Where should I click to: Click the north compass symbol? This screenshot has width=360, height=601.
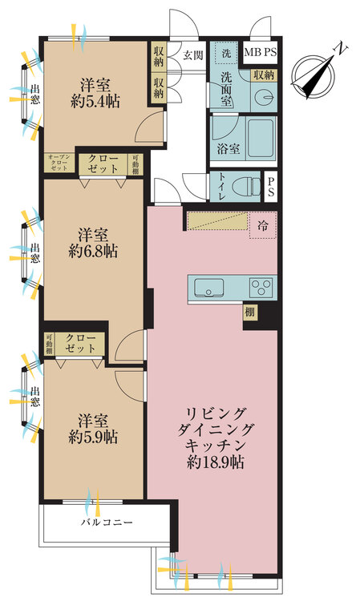point(315,75)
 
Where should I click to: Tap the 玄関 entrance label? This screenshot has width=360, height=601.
point(192,55)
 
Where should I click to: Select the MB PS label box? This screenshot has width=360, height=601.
point(261,52)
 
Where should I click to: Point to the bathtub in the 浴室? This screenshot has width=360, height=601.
point(261,137)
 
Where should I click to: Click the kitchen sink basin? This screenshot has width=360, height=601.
point(209,288)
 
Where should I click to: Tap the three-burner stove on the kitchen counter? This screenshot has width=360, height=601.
point(261,288)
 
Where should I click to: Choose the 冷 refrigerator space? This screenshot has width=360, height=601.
point(263,226)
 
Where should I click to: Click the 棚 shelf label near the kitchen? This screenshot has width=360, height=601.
point(249,312)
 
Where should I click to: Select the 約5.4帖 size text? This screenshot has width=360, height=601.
point(95,102)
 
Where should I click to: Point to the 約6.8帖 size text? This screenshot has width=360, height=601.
point(93,252)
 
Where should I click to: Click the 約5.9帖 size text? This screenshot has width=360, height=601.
point(93,438)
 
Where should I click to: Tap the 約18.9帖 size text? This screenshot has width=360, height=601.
point(216,462)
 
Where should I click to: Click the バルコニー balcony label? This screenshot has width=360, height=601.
point(107,522)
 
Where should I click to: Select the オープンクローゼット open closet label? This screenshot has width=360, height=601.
point(59,163)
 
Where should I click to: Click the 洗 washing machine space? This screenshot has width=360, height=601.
point(226,53)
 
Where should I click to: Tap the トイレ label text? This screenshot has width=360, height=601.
point(221,186)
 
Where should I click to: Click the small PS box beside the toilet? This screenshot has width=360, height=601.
point(271,186)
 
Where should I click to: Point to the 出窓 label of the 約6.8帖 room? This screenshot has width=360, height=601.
point(35,252)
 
